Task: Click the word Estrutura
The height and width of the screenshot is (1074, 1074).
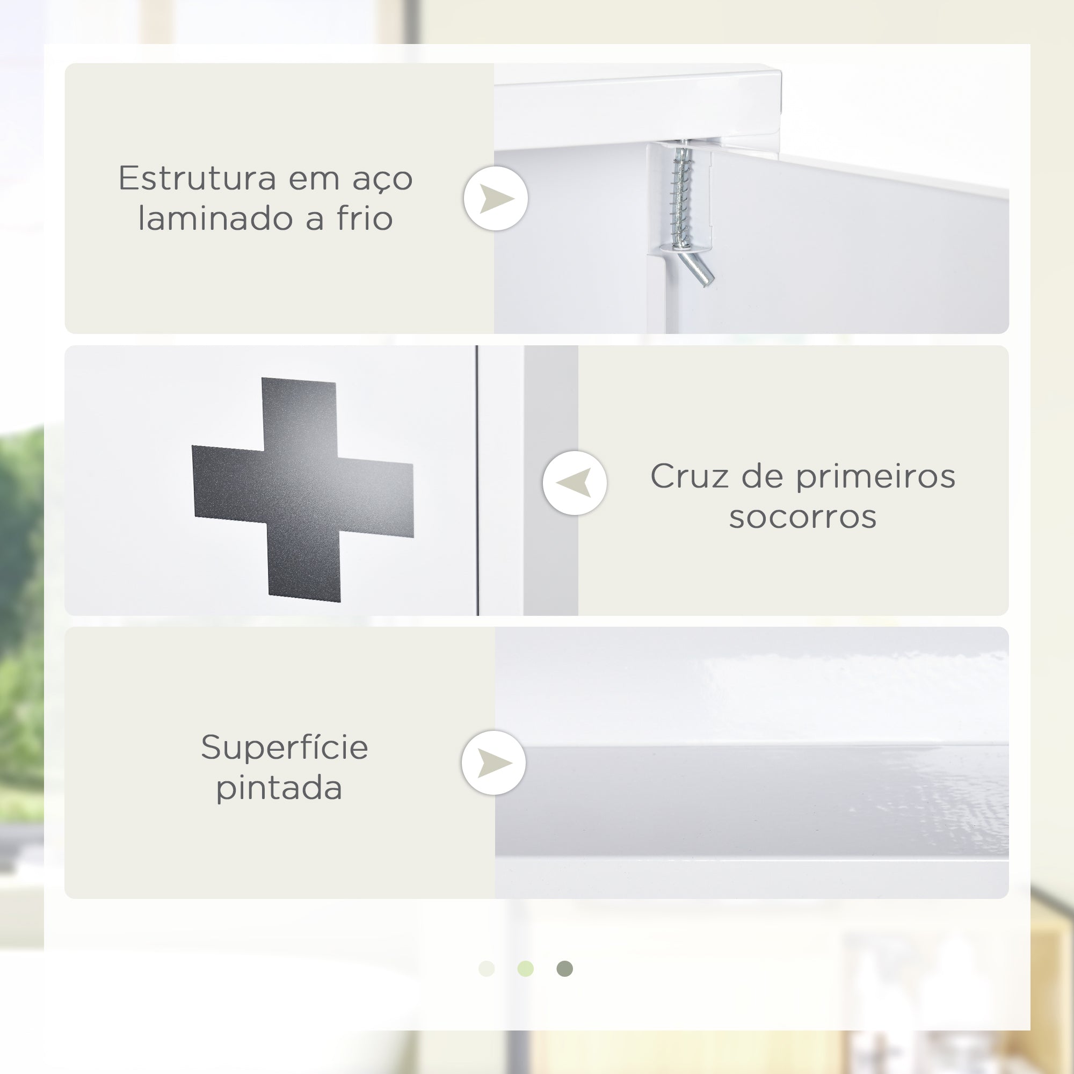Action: [197, 178]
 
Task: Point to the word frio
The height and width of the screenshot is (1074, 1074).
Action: [365, 218]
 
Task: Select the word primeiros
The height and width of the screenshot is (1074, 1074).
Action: [875, 477]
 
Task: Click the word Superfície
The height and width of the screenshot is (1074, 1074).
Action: [285, 747]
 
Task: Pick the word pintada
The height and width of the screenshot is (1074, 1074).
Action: [279, 788]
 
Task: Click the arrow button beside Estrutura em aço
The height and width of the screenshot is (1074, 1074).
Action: [496, 199]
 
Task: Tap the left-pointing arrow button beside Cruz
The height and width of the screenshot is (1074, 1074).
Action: [575, 483]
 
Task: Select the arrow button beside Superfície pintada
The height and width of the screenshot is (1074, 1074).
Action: [494, 763]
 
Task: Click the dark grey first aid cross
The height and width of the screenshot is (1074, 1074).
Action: [303, 489]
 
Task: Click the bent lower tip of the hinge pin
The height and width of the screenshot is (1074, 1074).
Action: [708, 282]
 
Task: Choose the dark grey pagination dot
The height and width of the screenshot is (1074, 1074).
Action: [565, 968]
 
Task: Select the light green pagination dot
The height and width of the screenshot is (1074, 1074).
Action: [525, 968]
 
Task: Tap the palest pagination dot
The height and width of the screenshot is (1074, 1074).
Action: [487, 968]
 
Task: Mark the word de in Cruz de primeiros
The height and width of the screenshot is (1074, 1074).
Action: [762, 476]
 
